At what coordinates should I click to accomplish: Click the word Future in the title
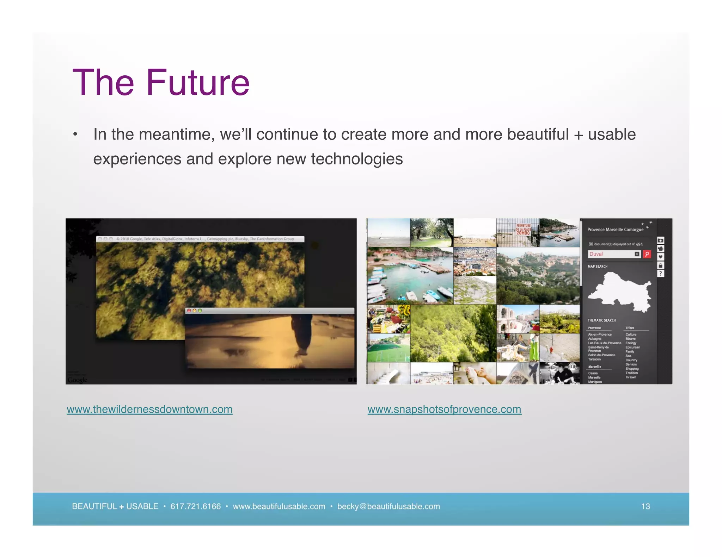pos(198,83)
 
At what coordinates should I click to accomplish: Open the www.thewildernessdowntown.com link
pos(149,409)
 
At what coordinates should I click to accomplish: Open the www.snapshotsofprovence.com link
pos(444,409)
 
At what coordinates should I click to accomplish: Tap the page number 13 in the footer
pos(645,506)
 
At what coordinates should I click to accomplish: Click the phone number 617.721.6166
pos(195,506)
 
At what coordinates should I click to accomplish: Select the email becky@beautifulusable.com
pos(388,506)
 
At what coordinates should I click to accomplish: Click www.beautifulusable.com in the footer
pos(279,506)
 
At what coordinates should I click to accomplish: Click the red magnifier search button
pos(647,254)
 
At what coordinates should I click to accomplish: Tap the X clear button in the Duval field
pos(637,254)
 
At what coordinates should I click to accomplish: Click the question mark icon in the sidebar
pos(661,274)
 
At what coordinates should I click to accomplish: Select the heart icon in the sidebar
pos(661,257)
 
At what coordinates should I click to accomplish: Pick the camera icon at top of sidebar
pos(661,240)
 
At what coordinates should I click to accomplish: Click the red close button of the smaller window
pos(189,311)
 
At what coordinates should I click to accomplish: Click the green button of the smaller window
pos(200,311)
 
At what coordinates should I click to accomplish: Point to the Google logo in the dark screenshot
pos(77,380)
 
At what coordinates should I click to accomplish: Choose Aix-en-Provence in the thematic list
pos(600,334)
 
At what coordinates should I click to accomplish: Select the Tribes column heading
pos(630,328)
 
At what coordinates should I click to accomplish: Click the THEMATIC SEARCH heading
pos(601,320)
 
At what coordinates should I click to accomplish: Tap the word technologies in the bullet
pos(357,159)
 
